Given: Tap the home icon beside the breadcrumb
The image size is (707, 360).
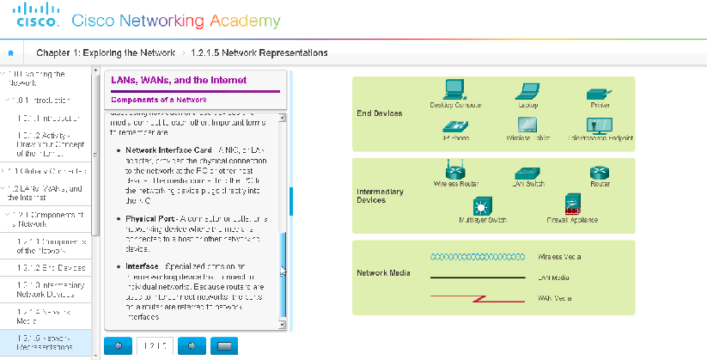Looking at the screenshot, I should [9, 53].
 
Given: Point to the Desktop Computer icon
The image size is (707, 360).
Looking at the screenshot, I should [454, 89].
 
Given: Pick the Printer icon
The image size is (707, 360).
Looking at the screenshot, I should [599, 93].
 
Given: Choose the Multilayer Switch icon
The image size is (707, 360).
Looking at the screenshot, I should [481, 206].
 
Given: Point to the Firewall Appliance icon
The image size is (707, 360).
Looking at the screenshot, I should [571, 204].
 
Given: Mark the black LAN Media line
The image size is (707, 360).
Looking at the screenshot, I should [478, 278].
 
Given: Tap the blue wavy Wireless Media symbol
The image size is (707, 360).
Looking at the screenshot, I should [478, 256].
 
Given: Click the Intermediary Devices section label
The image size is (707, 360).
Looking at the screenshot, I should [380, 196].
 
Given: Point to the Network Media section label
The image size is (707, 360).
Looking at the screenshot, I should [383, 274].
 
